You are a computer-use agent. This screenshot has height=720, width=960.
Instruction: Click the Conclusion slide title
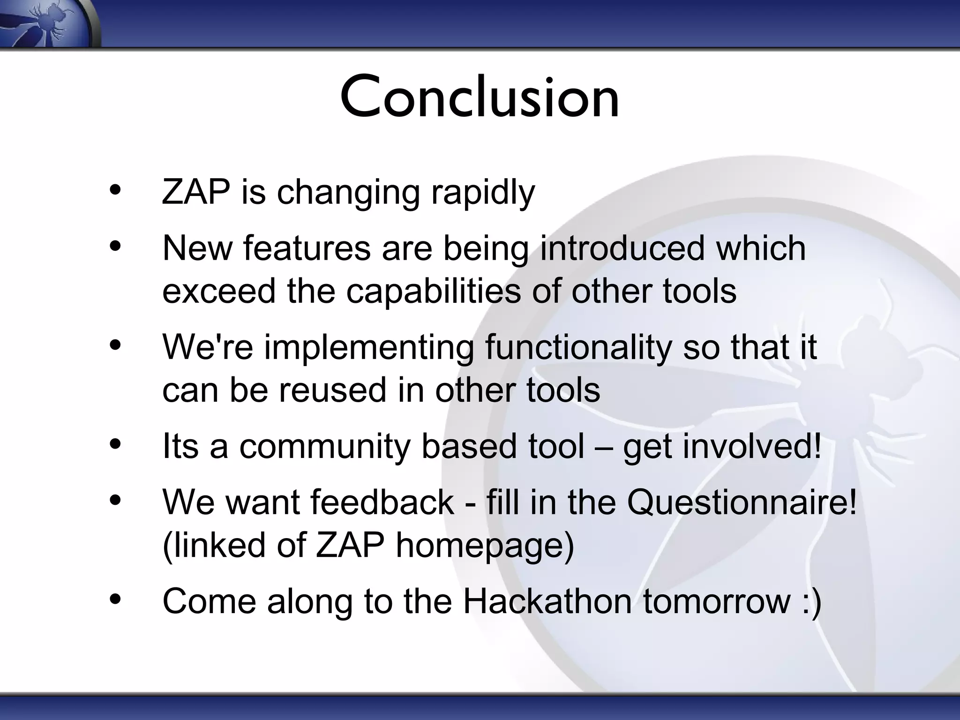480,97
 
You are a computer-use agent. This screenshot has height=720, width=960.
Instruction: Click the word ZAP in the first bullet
196,192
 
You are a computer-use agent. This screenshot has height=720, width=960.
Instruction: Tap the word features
307,248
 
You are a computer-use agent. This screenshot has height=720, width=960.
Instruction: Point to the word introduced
622,248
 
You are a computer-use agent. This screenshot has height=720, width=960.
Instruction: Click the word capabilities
434,292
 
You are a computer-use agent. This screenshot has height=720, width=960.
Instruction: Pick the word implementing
369,348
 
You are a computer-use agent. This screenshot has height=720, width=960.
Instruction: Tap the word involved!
752,447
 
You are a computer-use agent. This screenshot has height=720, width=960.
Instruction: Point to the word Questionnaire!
742,502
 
